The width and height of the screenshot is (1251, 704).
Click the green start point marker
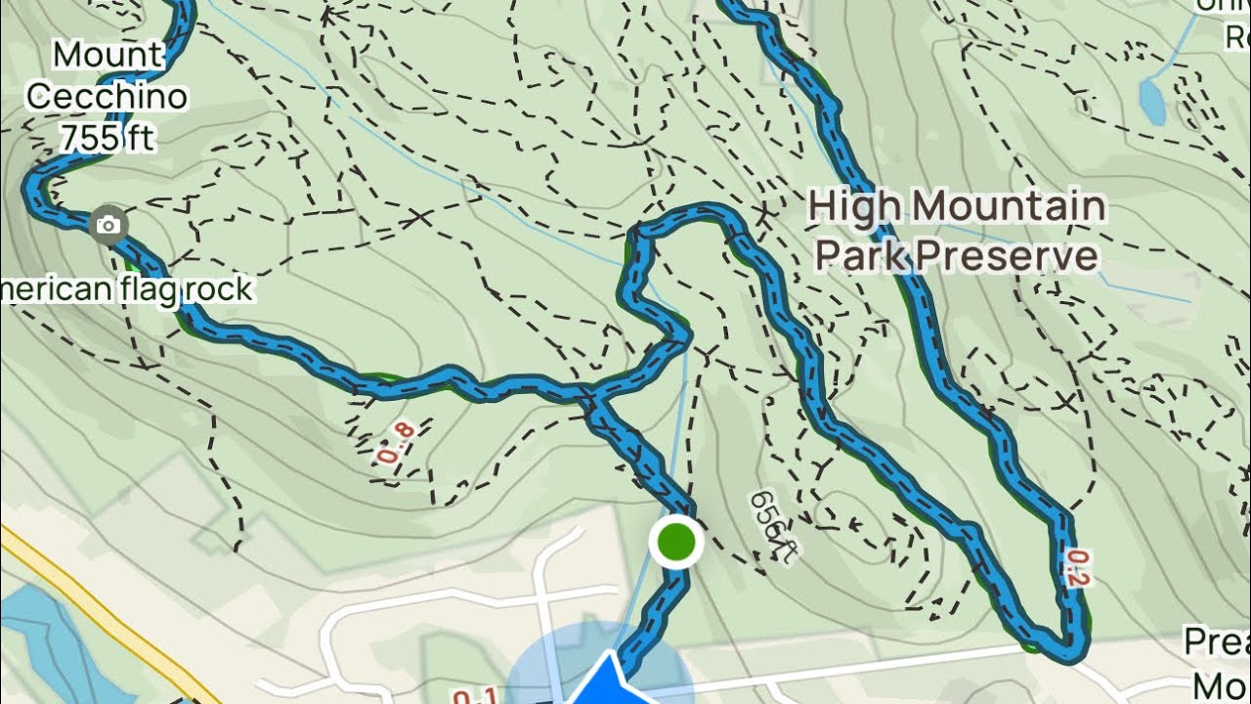pyautogui.click(x=675, y=542)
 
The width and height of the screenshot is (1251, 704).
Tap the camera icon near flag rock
pyautogui.click(x=108, y=226)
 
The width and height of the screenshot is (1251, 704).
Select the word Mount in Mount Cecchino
pyautogui.click(x=108, y=55)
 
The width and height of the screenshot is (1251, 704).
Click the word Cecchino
pyautogui.click(x=107, y=97)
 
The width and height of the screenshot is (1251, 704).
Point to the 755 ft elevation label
pyautogui.click(x=107, y=138)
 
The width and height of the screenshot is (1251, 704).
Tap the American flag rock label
pyautogui.click(x=127, y=289)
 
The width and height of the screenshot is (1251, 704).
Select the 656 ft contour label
pyautogui.click(x=772, y=526)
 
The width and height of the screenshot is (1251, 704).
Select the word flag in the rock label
pyautogui.click(x=151, y=289)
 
